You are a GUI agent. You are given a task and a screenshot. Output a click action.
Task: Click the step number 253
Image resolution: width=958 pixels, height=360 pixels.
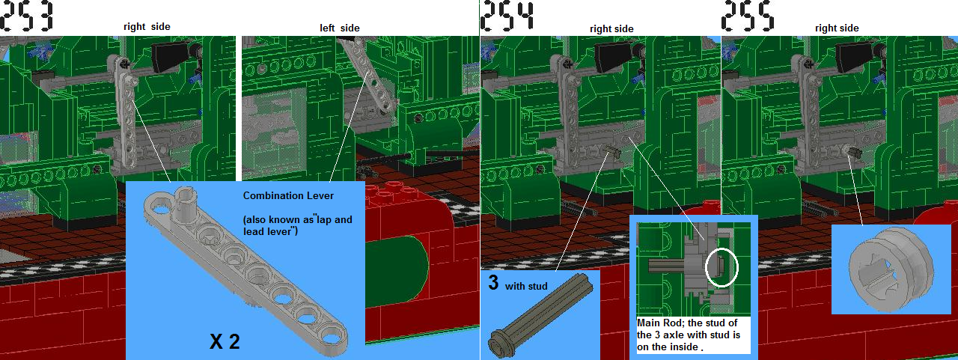[26, 16]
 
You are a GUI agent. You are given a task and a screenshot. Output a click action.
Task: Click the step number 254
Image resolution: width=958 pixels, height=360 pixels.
[507, 16]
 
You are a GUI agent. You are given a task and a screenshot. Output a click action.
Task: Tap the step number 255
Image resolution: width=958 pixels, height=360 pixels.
[748, 16]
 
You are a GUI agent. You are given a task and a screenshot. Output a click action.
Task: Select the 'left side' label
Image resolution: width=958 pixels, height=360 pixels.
[340, 28]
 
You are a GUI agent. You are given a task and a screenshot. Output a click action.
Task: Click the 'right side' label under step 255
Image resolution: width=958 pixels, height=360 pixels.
[837, 28]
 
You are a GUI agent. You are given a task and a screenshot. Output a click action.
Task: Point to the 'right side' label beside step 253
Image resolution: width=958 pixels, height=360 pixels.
[147, 27]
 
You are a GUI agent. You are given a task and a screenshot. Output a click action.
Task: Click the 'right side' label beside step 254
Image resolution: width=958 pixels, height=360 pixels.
[611, 29]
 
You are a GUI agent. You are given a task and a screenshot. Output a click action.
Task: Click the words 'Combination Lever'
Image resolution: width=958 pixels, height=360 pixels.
[288, 196]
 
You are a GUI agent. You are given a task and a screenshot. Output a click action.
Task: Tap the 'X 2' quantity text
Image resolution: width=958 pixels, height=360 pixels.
[225, 341]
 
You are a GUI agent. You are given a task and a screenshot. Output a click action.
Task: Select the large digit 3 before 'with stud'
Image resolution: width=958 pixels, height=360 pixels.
[493, 283]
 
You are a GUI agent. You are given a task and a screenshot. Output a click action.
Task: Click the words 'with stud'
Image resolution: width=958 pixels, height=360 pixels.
[526, 287]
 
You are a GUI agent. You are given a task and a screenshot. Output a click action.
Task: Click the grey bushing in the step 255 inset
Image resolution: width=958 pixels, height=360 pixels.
[891, 269]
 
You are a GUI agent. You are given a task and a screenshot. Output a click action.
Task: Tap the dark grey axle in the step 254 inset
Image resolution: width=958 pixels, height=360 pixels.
[540, 318]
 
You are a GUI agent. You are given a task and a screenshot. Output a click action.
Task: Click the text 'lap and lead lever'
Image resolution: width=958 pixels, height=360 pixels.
[298, 225]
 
